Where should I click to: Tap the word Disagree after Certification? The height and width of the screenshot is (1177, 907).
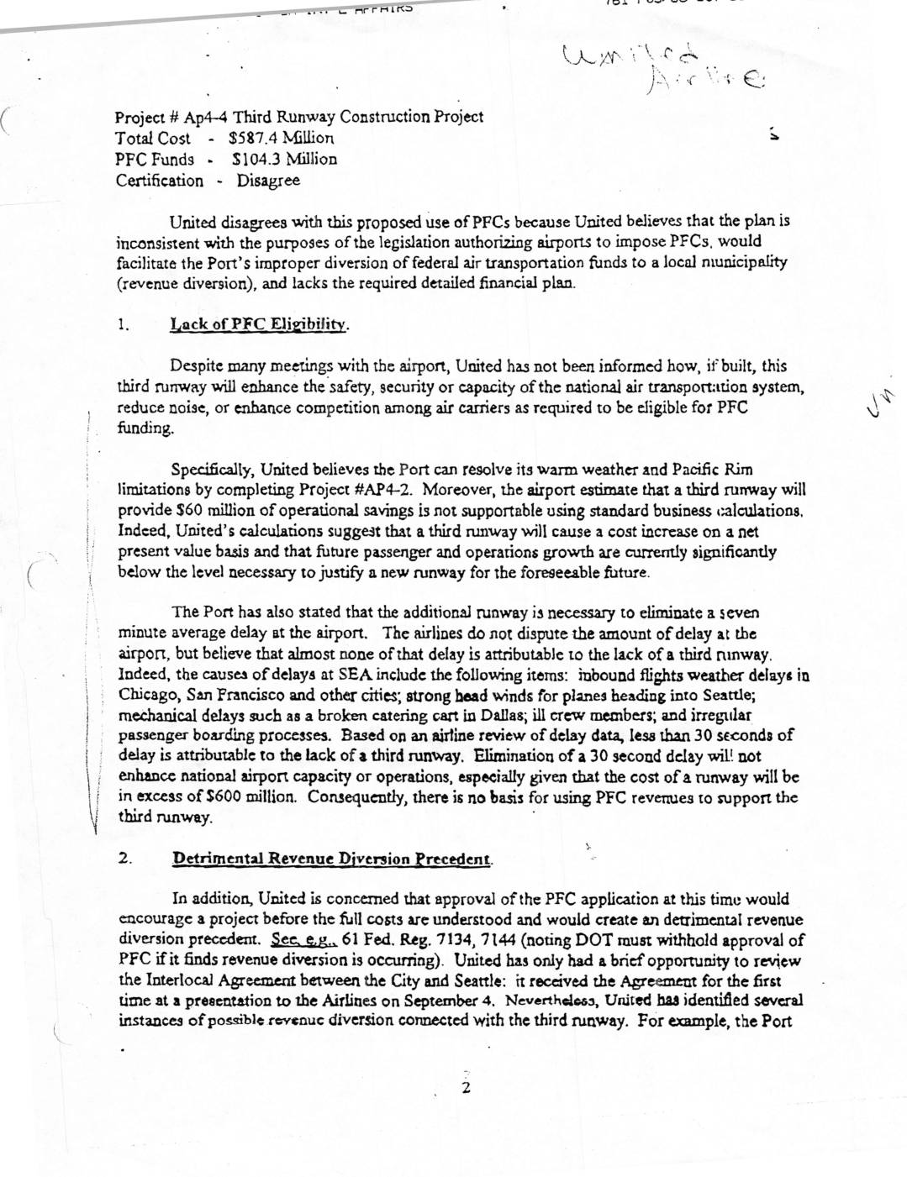pos(268,181)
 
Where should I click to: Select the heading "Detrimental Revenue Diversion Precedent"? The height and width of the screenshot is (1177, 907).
pos(331,859)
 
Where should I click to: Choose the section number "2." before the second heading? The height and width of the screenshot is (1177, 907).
pos(124,859)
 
